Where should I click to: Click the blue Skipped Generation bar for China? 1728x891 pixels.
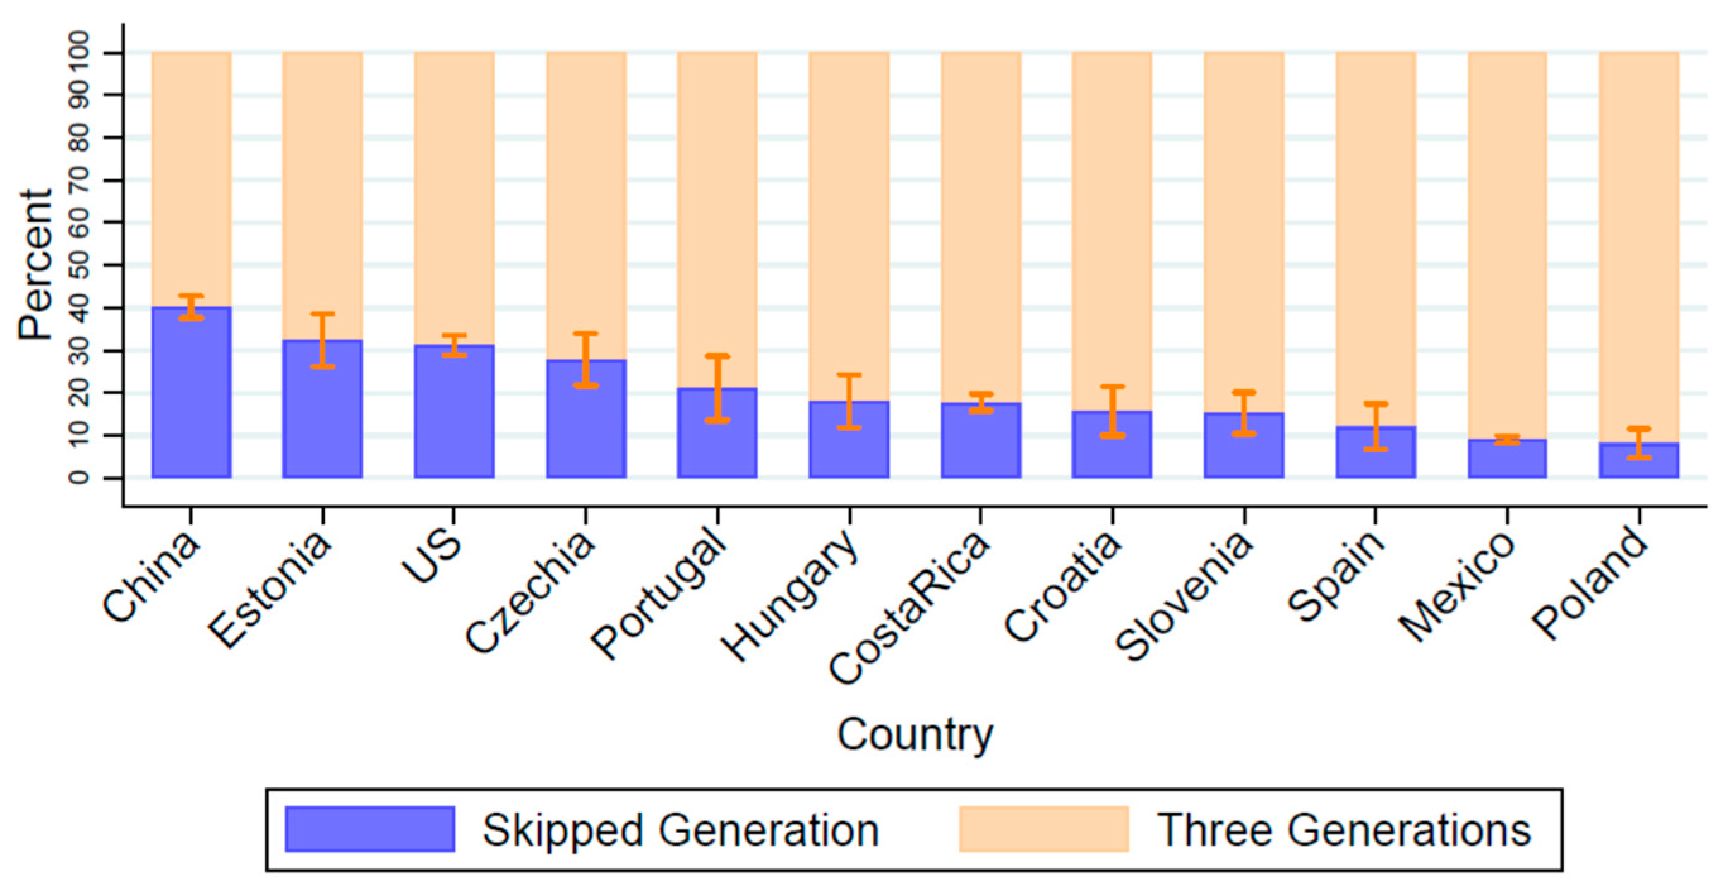[x=191, y=403]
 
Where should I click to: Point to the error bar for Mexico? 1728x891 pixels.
[x=1508, y=439]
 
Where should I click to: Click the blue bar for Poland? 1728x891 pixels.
[x=1639, y=463]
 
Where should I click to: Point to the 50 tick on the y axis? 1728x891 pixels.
[x=79, y=265]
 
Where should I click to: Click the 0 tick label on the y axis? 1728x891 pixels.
[x=79, y=478]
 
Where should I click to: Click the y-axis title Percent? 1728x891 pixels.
[x=35, y=265]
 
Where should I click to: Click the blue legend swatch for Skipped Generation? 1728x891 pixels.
[x=369, y=829]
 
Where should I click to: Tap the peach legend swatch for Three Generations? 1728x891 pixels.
[x=1043, y=829]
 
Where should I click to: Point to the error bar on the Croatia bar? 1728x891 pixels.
[x=1112, y=411]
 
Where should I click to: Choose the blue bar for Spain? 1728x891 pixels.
[x=1375, y=456]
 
